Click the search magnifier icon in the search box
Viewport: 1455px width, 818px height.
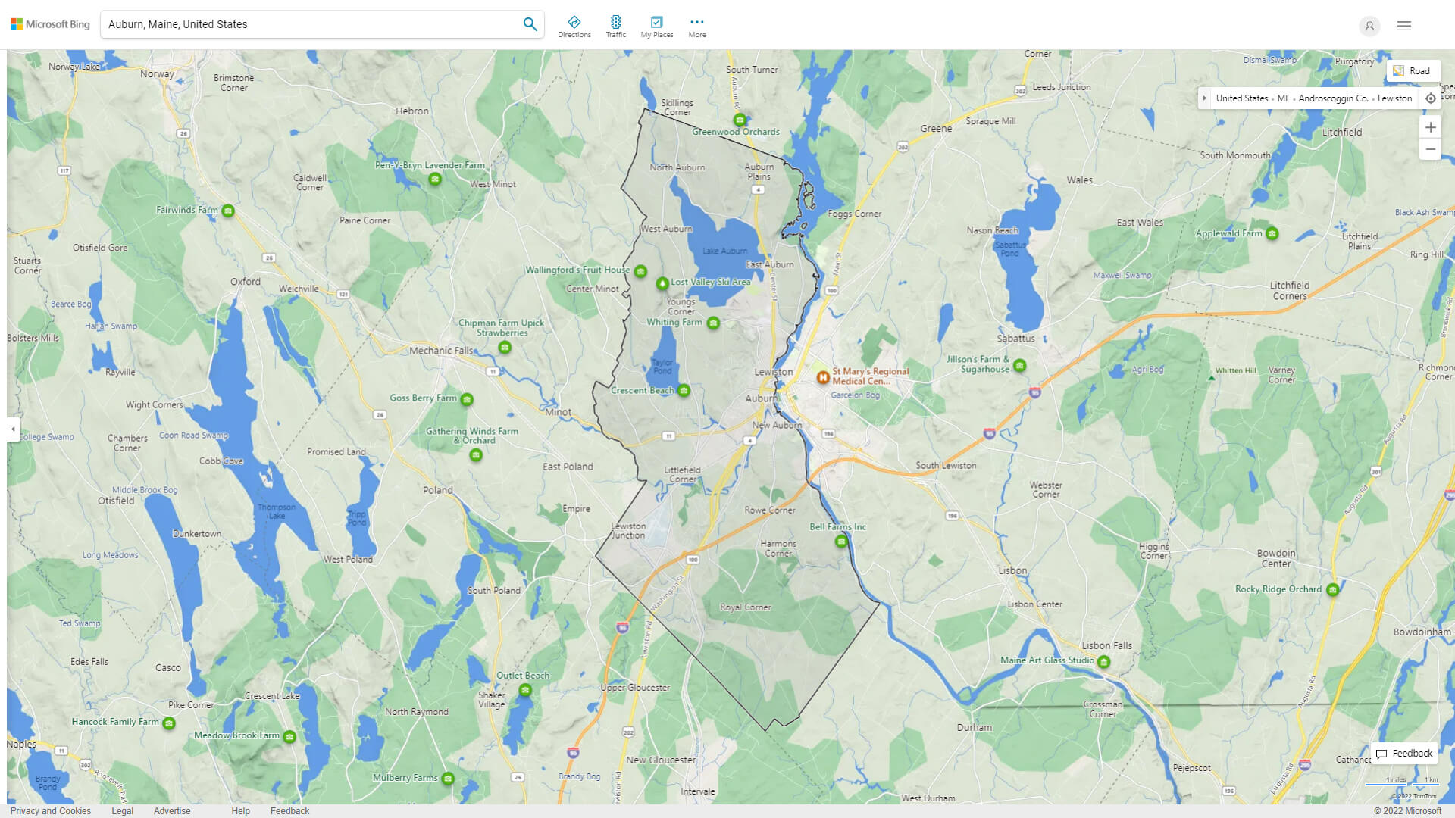pos(530,24)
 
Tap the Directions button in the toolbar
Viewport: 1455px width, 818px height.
pos(574,26)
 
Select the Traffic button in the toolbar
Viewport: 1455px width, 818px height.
pos(615,26)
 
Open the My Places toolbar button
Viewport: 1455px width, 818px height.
pos(656,26)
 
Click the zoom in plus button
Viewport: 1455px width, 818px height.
pos(1430,127)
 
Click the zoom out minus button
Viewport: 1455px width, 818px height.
pos(1430,150)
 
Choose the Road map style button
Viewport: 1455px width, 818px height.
pos(1413,70)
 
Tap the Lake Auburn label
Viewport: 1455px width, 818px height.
pos(724,251)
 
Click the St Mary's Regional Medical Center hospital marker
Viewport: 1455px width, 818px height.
pos(822,376)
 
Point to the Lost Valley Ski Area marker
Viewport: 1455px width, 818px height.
pos(662,283)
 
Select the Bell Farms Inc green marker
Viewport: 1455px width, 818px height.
pos(841,542)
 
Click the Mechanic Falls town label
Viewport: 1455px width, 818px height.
pos(441,351)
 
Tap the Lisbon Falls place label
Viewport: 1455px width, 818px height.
pos(1106,645)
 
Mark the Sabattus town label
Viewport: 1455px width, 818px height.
pos(1015,339)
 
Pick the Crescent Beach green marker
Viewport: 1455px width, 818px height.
pos(684,391)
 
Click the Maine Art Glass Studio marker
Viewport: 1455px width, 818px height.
pos(1104,662)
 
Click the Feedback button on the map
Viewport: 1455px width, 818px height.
pos(1404,753)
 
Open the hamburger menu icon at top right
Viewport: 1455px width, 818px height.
pos(1404,26)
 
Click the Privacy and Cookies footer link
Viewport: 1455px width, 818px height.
pos(51,810)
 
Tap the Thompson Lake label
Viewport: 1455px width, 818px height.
pos(277,511)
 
